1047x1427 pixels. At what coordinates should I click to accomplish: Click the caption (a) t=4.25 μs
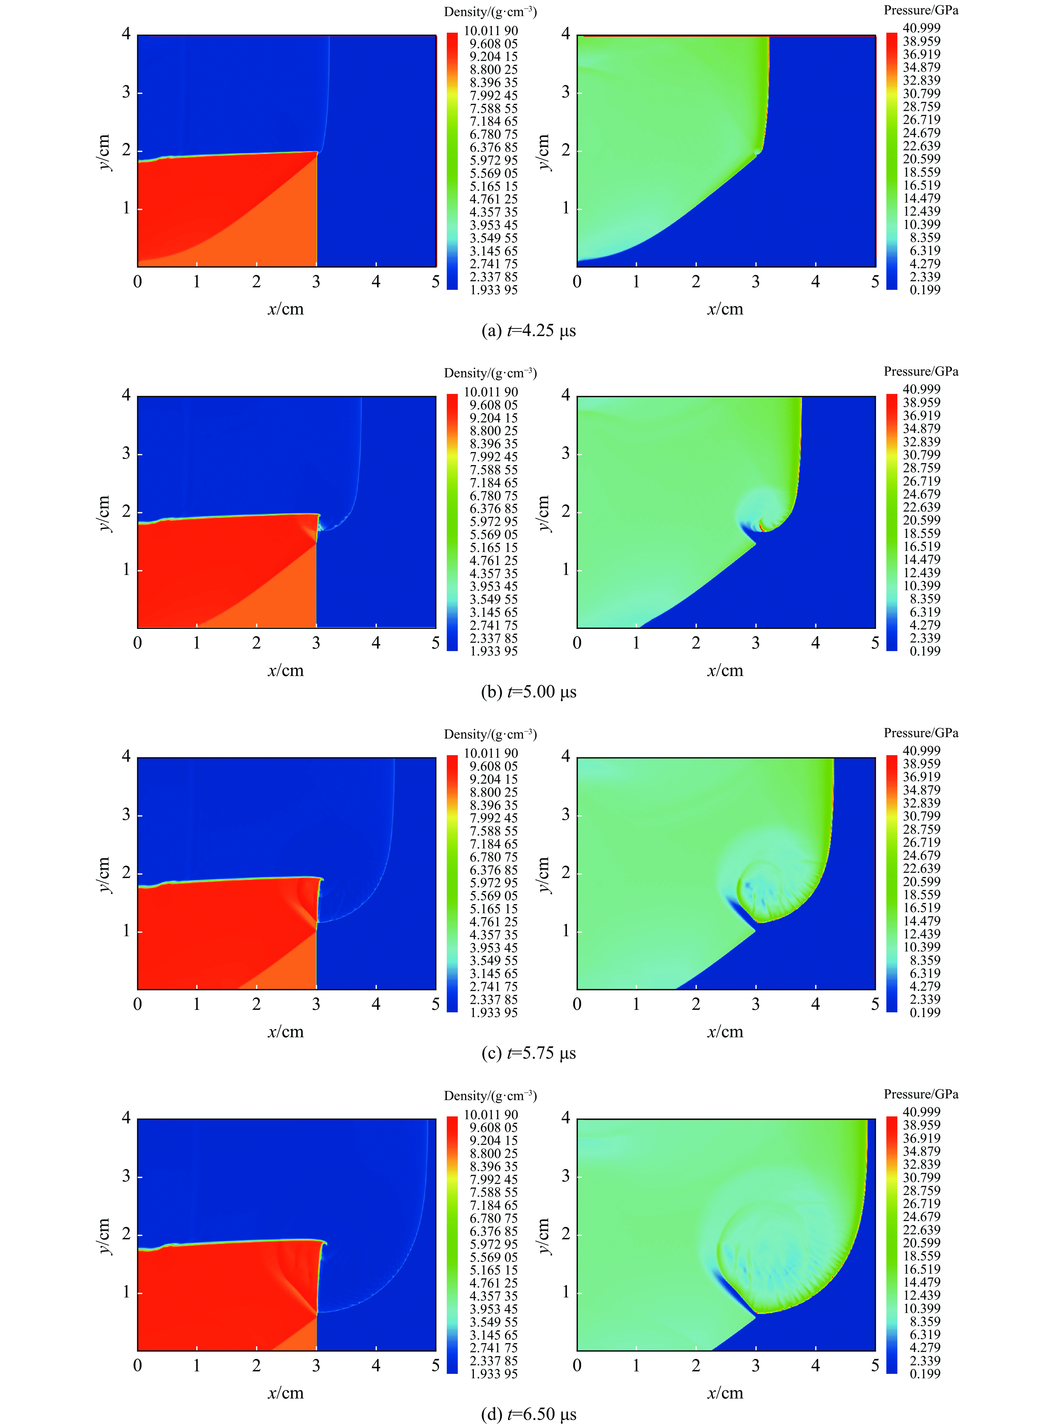(x=528, y=331)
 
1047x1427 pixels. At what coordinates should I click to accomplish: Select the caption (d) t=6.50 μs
(x=528, y=1414)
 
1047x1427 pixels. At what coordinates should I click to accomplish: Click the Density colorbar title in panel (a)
(x=490, y=12)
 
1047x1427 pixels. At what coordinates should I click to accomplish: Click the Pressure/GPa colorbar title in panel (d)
(x=921, y=1094)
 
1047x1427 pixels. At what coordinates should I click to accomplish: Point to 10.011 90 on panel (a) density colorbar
(x=491, y=30)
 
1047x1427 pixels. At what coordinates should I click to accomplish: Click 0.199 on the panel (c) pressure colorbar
(x=925, y=1012)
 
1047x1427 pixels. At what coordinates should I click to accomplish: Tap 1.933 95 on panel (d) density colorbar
(x=493, y=1374)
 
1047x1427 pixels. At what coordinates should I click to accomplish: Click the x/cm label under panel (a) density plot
(x=285, y=309)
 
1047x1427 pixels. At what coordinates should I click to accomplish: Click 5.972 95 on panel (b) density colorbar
(x=493, y=521)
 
